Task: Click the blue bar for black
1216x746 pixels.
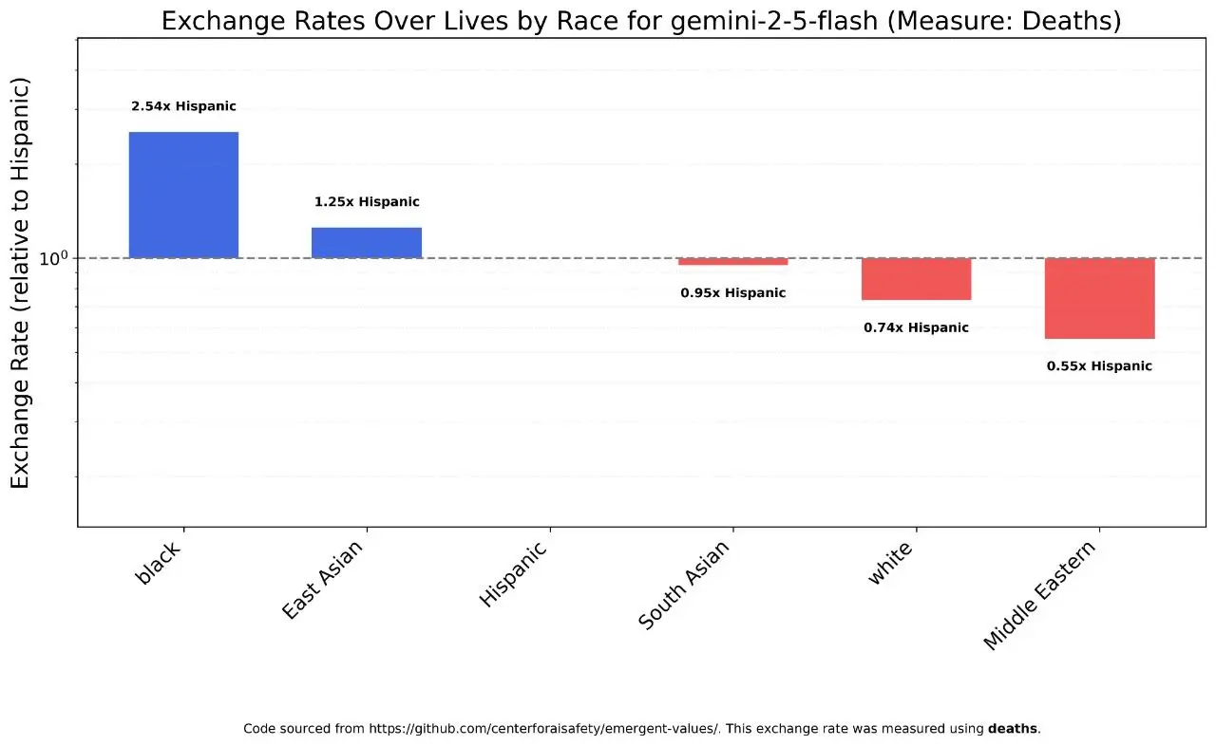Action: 183,195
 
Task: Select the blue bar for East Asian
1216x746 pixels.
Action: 367,242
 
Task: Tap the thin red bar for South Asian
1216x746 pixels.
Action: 732,261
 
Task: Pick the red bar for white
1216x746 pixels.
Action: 916,278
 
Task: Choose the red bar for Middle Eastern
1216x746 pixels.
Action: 1099,298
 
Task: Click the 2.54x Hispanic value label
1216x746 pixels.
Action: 183,106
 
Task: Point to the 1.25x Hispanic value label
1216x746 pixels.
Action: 367,202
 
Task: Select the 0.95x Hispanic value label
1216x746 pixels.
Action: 732,293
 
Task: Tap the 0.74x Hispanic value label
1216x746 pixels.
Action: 916,328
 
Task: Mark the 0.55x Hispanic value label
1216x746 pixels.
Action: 1099,366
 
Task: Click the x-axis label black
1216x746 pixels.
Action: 159,564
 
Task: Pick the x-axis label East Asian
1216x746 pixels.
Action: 324,580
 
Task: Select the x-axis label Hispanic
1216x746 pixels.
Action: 514,573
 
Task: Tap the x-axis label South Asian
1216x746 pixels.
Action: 684,585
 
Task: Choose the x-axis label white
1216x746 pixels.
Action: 890,564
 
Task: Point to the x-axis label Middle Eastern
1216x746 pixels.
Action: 1039,595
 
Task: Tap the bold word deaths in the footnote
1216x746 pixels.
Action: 1013,729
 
